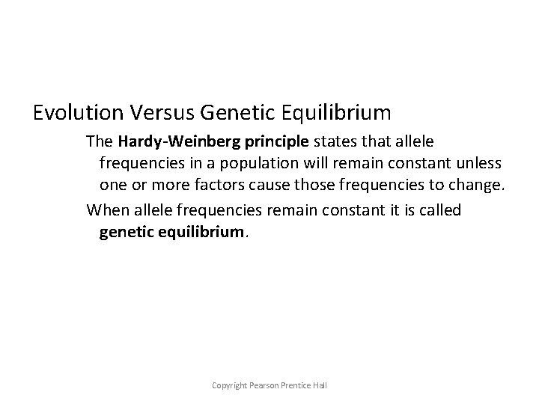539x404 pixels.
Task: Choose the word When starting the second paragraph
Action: (108, 210)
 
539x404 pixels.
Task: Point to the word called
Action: (436, 210)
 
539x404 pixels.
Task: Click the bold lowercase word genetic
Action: (126, 233)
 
